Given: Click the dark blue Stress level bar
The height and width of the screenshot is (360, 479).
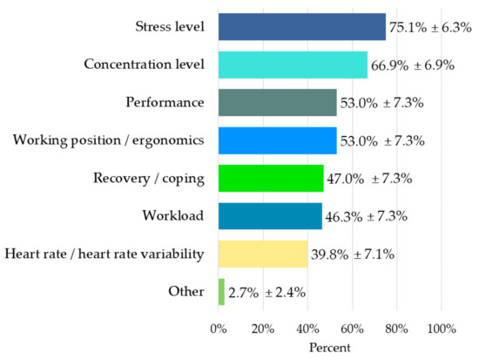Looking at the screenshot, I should click(301, 27).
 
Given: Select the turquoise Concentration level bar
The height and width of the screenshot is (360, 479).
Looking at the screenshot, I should click(293, 65).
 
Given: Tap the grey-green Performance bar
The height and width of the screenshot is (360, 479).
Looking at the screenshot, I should click(277, 103).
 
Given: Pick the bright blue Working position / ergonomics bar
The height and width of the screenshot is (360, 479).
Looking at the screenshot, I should click(277, 140).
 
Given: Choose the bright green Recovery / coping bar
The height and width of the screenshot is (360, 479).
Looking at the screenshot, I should click(270, 178).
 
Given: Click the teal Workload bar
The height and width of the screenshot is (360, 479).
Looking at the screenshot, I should click(269, 216).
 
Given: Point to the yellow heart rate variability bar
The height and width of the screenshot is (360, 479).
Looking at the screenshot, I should click(262, 254).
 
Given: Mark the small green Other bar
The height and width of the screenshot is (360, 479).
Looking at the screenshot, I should click(221, 291).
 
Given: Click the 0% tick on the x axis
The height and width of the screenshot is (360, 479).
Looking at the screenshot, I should click(219, 329).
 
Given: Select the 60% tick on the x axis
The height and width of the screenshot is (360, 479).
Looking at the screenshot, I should click(352, 329).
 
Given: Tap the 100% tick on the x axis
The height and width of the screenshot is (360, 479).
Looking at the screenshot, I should click(441, 329).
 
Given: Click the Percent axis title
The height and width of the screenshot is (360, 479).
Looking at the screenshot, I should click(329, 348).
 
